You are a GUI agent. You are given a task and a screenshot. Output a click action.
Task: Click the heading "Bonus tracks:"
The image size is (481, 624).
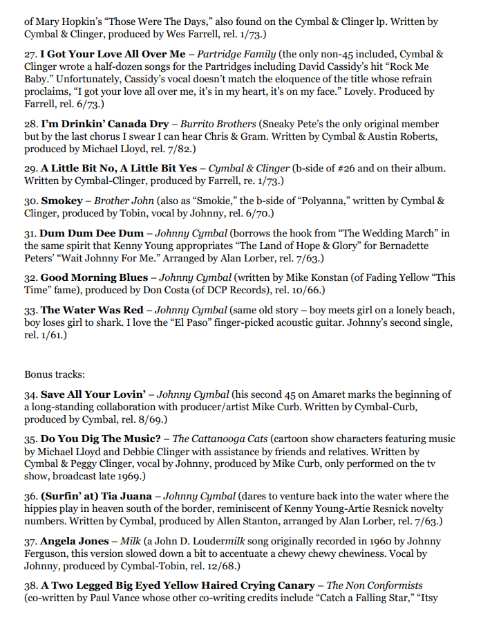click(55, 374)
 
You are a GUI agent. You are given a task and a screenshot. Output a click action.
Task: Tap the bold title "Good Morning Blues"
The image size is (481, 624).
click(94, 277)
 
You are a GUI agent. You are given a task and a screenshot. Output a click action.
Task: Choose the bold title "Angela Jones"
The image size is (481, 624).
click(75, 540)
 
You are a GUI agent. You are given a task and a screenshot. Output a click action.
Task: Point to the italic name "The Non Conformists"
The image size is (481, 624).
click(374, 585)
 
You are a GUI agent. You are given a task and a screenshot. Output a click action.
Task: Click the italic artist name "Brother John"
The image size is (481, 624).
click(111, 200)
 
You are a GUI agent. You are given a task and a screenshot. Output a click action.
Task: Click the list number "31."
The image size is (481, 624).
click(30, 233)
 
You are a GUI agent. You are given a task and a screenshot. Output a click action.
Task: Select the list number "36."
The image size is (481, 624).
click(30, 496)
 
